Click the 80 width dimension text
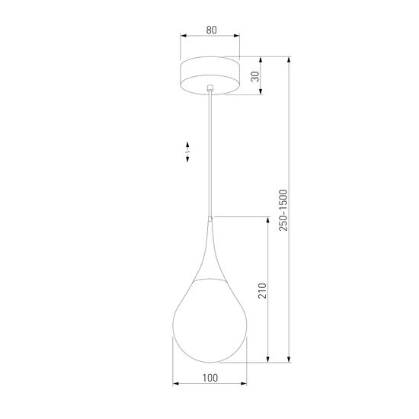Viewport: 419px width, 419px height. click(210, 32)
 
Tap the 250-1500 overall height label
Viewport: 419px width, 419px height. click(283, 210)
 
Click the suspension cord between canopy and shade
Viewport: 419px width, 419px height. click(209, 152)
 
